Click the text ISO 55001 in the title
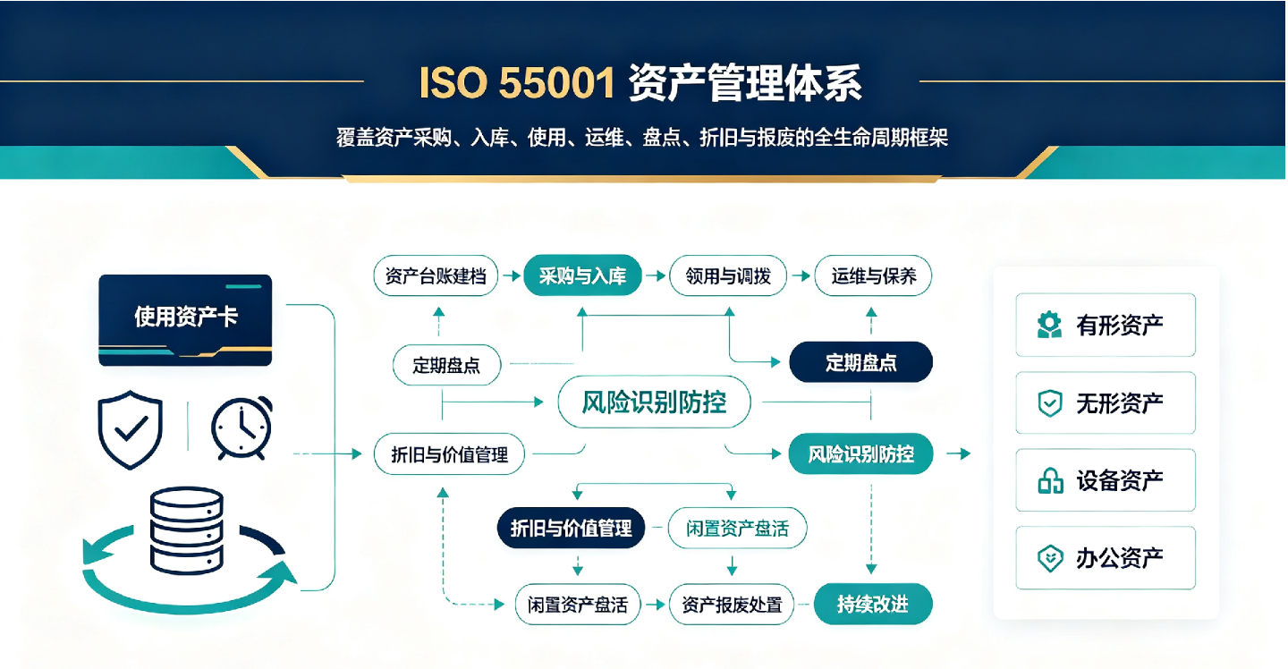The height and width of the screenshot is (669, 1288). pyautogui.click(x=517, y=83)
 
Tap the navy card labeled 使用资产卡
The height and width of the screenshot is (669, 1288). pyautogui.click(x=185, y=320)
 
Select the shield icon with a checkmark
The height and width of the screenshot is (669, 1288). pyautogui.click(x=131, y=429)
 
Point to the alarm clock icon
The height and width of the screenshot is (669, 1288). pyautogui.click(x=242, y=428)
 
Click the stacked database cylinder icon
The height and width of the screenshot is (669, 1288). pyautogui.click(x=186, y=530)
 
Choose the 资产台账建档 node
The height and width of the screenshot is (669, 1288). pyautogui.click(x=436, y=275)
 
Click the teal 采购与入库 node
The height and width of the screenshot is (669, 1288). pyautogui.click(x=582, y=275)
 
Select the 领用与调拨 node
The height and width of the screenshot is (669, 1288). pyautogui.click(x=728, y=275)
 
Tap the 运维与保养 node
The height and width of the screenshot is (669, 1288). pyautogui.click(x=873, y=275)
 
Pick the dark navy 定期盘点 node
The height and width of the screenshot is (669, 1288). pyautogui.click(x=860, y=362)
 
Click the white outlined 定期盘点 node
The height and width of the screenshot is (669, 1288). pyautogui.click(x=447, y=365)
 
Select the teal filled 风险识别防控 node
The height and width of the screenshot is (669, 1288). pyautogui.click(x=860, y=454)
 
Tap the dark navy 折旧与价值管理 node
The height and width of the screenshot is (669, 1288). pyautogui.click(x=571, y=528)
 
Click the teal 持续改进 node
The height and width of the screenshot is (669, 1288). pyautogui.click(x=873, y=604)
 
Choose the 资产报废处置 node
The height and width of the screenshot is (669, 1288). pyautogui.click(x=732, y=605)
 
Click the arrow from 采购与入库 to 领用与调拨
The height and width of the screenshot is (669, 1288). pyautogui.click(x=656, y=276)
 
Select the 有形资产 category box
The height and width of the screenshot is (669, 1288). pyautogui.click(x=1106, y=325)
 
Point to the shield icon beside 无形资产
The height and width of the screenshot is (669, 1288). pyautogui.click(x=1050, y=402)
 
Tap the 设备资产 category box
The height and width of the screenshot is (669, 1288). pyautogui.click(x=1106, y=480)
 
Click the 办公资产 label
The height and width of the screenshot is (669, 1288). pyautogui.click(x=1120, y=558)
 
